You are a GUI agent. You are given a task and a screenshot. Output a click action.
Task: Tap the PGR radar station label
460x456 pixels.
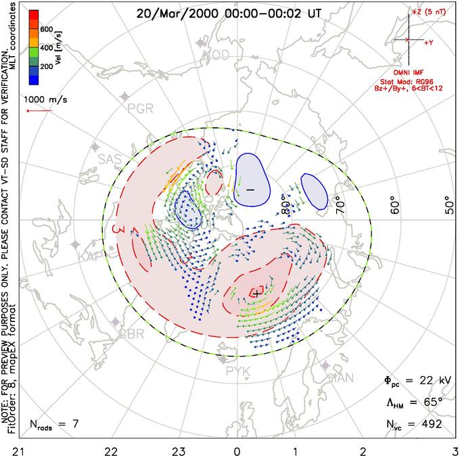(x=136, y=108)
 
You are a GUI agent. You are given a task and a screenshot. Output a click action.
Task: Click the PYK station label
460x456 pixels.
(x=237, y=370)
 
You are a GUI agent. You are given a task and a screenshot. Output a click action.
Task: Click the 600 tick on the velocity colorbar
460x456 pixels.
(x=46, y=30)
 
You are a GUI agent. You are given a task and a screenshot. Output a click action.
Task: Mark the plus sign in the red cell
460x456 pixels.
(x=256, y=292)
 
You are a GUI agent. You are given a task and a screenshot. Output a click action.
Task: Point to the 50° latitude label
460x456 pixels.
(x=449, y=204)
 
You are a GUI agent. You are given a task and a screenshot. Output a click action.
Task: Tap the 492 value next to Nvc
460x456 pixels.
(x=430, y=424)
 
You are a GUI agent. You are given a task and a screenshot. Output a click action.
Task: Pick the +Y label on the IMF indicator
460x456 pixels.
(x=429, y=43)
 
